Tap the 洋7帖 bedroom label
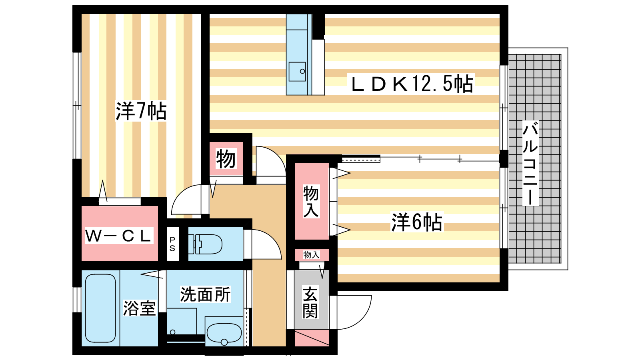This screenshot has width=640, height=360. click(141, 111)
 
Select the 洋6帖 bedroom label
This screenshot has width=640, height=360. click(417, 222)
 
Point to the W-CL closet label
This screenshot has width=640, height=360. click(118, 236)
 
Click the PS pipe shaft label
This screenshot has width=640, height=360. click(172, 244)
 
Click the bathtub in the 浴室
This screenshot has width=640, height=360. click(100, 308)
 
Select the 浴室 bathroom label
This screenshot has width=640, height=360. click(140, 308)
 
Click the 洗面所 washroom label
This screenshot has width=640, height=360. click(205, 294)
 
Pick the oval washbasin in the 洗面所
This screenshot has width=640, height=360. click(224, 334)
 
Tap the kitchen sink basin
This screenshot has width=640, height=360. click(297, 72)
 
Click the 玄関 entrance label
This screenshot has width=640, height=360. click(310, 302)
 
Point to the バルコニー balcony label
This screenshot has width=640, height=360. click(530, 163)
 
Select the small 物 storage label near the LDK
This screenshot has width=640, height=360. click(226, 158)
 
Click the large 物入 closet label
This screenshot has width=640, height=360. click(311, 201)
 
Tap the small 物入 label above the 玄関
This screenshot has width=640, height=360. click(311, 254)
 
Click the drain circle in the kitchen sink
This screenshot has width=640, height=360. click(302, 71)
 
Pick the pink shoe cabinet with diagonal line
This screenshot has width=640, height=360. click(312, 338)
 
